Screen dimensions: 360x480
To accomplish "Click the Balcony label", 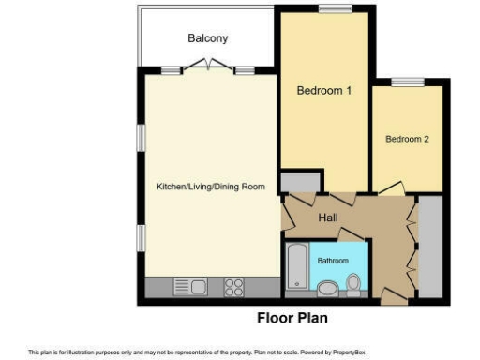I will click(207, 38).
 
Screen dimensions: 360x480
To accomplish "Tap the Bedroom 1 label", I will click(323, 91).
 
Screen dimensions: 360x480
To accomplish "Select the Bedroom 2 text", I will click(407, 139).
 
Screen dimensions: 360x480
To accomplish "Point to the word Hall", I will click(328, 217).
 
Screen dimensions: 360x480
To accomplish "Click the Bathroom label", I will click(332, 260).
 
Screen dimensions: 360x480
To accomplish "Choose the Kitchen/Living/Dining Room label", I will click(210, 187).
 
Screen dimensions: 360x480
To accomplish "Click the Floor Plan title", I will click(292, 318).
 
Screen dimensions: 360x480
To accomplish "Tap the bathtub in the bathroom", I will click(295, 268).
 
